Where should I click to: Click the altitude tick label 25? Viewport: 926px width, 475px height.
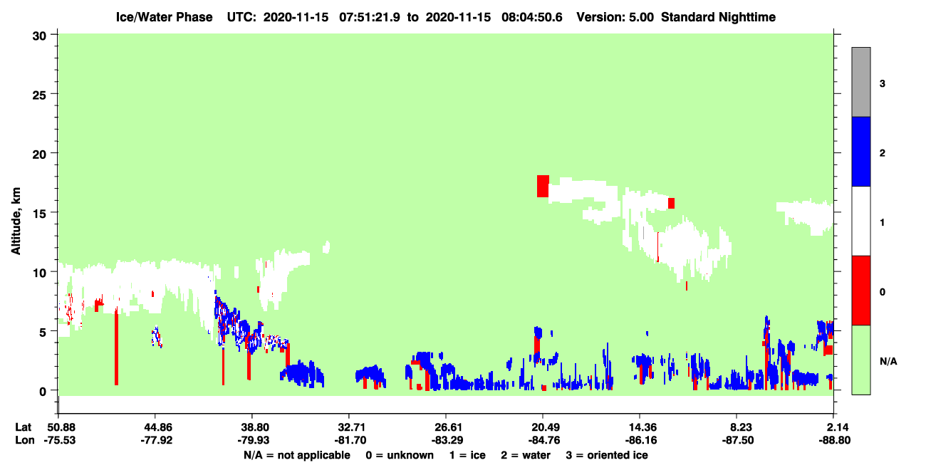(x=39, y=95)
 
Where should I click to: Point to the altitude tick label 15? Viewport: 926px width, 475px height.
(x=39, y=214)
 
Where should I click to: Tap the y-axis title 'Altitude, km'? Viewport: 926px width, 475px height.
(x=16, y=221)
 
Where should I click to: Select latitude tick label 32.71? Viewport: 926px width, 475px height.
(x=349, y=427)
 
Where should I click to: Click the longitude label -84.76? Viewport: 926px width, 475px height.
(x=543, y=440)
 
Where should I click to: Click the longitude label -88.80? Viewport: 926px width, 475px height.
(x=834, y=440)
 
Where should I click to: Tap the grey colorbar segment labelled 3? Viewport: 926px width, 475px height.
(x=860, y=82)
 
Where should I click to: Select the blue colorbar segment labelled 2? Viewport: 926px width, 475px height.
(x=860, y=151)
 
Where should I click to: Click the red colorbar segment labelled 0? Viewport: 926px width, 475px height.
(x=860, y=291)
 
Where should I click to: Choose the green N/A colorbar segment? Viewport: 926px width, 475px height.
(x=860, y=360)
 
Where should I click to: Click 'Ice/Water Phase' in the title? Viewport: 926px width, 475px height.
(x=164, y=17)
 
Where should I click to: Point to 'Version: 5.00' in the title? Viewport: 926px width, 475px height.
(x=615, y=17)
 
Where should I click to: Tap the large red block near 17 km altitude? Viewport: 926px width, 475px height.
(x=543, y=186)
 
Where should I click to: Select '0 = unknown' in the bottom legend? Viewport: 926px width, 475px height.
(x=400, y=455)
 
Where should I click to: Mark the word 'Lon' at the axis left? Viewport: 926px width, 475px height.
(x=25, y=440)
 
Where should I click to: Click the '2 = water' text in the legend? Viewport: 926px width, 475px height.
(x=526, y=455)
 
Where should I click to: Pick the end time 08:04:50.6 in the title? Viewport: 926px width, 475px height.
(x=531, y=17)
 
